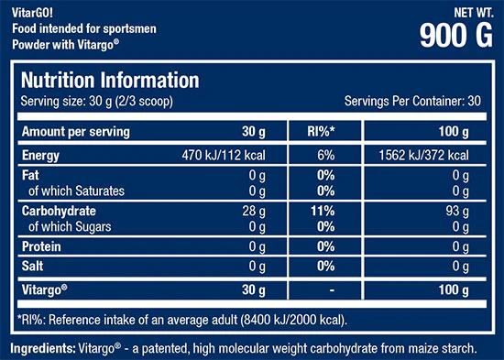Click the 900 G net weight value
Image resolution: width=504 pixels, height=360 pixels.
click(456, 36)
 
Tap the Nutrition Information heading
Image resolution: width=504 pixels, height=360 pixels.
click(110, 80)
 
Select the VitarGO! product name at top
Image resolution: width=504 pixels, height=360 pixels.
click(32, 13)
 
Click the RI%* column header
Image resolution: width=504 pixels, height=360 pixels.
click(321, 132)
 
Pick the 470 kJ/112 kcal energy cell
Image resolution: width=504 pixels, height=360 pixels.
click(224, 155)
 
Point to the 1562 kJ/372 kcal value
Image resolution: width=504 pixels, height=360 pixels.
click(423, 155)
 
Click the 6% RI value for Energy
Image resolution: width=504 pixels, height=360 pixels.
click(326, 155)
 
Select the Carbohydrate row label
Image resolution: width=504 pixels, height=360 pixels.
click(59, 211)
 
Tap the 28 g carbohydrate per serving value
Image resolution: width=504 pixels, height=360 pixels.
click(254, 212)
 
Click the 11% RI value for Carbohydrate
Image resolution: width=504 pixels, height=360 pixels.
click(323, 212)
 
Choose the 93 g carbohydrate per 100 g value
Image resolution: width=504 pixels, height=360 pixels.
click(457, 212)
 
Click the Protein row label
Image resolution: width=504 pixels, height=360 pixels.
click(41, 246)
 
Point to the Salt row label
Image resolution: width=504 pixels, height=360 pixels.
click(32, 267)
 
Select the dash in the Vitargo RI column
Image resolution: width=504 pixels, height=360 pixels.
click(332, 290)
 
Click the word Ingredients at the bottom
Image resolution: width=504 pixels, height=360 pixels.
click(43, 348)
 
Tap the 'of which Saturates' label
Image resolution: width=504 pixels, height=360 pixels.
click(76, 191)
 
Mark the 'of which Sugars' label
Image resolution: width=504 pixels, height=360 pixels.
click(70, 226)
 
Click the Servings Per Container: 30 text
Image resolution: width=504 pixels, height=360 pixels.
click(412, 102)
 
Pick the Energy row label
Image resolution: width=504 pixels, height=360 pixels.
click(40, 156)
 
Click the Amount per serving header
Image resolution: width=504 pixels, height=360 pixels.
click(76, 132)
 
